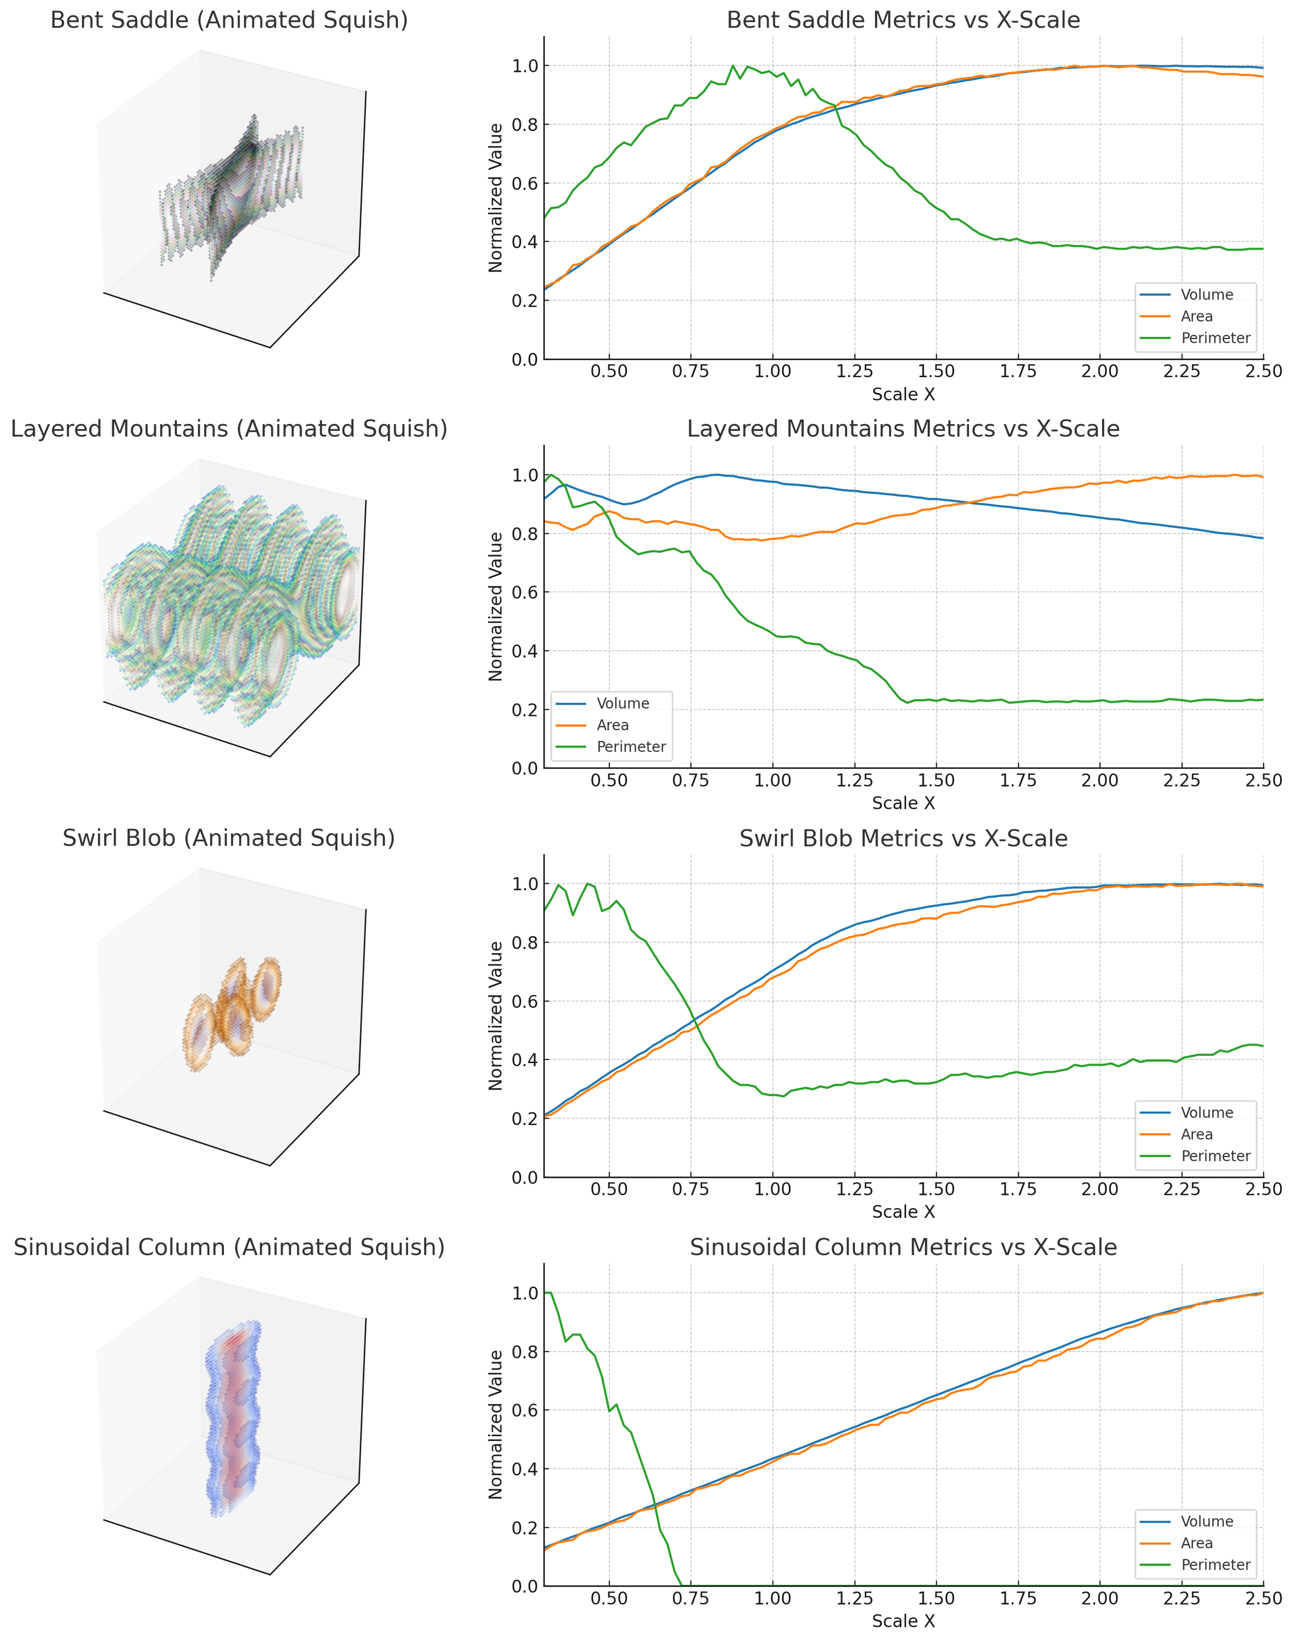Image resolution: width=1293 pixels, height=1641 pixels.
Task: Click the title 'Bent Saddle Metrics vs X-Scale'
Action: point(903,21)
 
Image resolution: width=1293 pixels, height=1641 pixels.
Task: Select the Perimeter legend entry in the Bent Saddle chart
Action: point(1214,338)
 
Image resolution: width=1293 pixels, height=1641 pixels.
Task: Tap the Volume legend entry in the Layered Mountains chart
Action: point(622,704)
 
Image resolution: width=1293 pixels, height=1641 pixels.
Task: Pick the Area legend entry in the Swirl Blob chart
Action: point(1196,1135)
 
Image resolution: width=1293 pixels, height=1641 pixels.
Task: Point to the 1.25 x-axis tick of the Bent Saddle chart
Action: point(854,371)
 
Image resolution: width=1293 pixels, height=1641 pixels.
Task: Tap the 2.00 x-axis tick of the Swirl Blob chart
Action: point(1099,1189)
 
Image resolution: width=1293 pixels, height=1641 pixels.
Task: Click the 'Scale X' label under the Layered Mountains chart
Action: point(903,803)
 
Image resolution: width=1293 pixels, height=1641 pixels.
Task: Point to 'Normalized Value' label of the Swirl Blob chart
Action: point(496,1016)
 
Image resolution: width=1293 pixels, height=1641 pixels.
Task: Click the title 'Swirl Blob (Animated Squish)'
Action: point(229,838)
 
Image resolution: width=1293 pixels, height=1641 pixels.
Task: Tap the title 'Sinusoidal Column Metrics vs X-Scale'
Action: point(903,1248)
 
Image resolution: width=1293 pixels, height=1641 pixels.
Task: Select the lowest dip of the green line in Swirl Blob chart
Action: point(784,1097)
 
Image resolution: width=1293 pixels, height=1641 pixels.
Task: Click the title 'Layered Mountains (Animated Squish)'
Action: point(229,429)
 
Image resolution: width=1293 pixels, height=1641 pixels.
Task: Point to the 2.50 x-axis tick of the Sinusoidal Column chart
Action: point(1262,1599)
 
